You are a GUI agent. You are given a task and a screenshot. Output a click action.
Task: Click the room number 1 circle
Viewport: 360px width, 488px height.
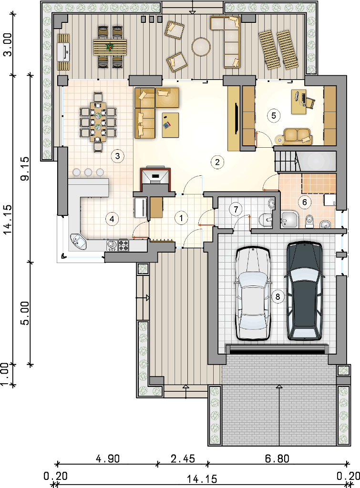click(181, 218)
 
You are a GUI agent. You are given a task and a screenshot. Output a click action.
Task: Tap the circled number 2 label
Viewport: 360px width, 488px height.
click(217, 162)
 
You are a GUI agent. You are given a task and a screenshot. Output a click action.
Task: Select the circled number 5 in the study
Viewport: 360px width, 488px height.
click(273, 116)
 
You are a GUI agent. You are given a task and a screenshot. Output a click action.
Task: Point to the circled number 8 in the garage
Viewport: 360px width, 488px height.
click(278, 296)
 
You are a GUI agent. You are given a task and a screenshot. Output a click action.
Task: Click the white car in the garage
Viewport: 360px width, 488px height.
click(253, 293)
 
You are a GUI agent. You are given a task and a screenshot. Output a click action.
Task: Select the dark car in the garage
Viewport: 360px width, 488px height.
click(305, 291)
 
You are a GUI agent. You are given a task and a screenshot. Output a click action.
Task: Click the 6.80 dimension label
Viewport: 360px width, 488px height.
click(277, 458)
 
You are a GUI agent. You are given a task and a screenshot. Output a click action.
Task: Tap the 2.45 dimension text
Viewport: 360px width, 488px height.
click(183, 458)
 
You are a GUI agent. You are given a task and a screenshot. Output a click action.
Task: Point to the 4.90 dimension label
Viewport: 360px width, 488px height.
click(107, 458)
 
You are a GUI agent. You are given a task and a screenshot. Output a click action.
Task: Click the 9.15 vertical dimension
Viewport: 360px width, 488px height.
click(26, 168)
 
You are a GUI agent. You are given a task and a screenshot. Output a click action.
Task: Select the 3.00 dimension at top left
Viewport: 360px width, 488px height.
click(8, 44)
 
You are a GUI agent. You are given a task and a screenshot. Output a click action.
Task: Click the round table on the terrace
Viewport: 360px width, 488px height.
click(201, 47)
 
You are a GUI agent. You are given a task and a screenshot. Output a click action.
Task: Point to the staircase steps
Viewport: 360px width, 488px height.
click(285, 161)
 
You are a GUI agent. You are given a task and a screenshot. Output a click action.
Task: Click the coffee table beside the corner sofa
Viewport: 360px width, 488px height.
click(170, 125)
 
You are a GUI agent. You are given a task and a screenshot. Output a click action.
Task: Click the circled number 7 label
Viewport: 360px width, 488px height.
click(236, 209)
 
